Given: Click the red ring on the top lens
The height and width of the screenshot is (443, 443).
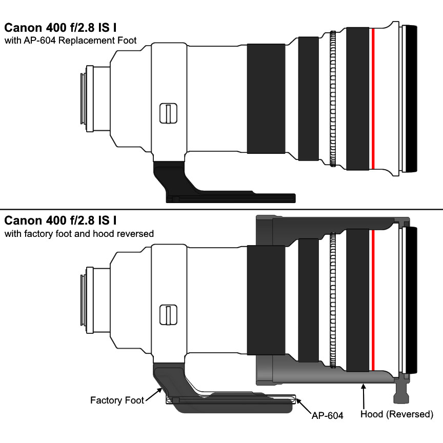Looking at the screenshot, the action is click(x=373, y=98).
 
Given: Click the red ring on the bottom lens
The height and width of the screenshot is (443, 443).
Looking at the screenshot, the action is click(x=373, y=300).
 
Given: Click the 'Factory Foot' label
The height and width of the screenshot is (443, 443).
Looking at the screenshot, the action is click(x=117, y=400).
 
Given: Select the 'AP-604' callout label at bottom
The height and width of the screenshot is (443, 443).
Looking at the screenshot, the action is click(x=327, y=415).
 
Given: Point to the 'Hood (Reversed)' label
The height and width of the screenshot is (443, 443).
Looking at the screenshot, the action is click(x=397, y=414).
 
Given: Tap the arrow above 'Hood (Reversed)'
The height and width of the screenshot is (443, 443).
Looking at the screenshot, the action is click(x=364, y=396).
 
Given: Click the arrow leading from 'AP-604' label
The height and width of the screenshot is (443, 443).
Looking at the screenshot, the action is click(x=303, y=406).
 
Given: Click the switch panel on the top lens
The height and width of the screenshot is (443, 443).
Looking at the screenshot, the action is click(x=168, y=113).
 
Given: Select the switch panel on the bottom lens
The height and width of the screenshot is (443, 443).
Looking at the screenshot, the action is click(x=168, y=315).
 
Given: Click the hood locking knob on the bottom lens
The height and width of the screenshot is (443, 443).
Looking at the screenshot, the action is click(x=401, y=393).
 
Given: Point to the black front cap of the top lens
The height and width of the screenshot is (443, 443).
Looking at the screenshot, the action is click(x=411, y=98).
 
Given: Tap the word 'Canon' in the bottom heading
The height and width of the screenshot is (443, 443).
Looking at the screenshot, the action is click(x=23, y=220).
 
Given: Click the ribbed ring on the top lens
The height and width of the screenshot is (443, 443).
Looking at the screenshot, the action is click(x=333, y=98).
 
